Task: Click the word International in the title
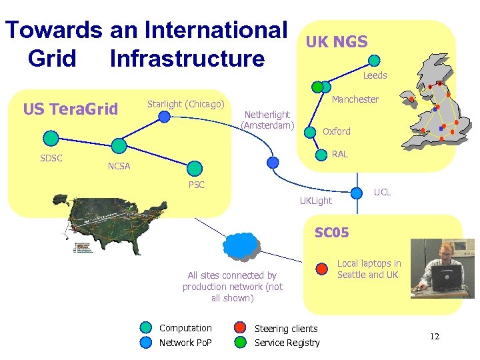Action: coord(215,30)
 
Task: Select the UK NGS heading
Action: coord(337,42)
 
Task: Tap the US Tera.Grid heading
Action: coord(70,109)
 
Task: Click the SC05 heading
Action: coord(331,233)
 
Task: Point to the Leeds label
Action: coord(375,75)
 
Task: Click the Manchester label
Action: coord(355,99)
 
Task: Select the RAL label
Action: coord(339,154)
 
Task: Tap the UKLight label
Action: coord(315,201)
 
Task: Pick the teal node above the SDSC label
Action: coord(51,138)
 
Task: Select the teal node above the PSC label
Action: coord(194,168)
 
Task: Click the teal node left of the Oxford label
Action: coord(310,132)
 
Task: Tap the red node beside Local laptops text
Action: coord(322,269)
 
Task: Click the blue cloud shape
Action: coord(243,245)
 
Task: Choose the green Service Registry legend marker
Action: coord(240,343)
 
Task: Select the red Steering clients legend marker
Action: coord(240,328)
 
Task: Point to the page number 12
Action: coord(434,337)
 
